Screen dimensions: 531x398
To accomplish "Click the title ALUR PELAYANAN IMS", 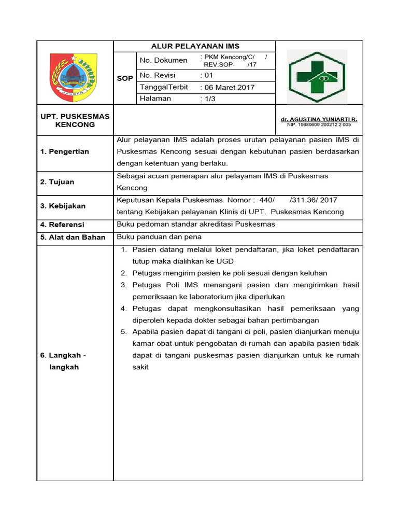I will [x=195, y=46].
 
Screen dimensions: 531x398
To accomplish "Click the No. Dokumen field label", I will [x=163, y=61].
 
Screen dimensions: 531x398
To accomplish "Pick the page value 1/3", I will [x=208, y=99].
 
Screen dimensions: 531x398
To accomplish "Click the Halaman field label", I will [x=155, y=99].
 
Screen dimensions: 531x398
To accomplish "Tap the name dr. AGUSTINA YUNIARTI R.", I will [x=319, y=119].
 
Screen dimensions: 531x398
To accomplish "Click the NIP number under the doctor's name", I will [x=319, y=125].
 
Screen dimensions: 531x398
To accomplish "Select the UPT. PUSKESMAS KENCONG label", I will [x=75, y=120].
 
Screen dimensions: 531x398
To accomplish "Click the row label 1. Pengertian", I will [x=65, y=151].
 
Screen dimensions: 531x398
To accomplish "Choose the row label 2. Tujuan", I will [x=58, y=182].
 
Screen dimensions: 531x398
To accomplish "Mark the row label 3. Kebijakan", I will [x=63, y=206].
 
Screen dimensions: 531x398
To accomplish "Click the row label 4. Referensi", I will [x=62, y=225].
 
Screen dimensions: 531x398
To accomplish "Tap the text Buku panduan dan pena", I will [x=160, y=237].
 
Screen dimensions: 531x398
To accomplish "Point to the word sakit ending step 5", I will [x=140, y=367].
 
